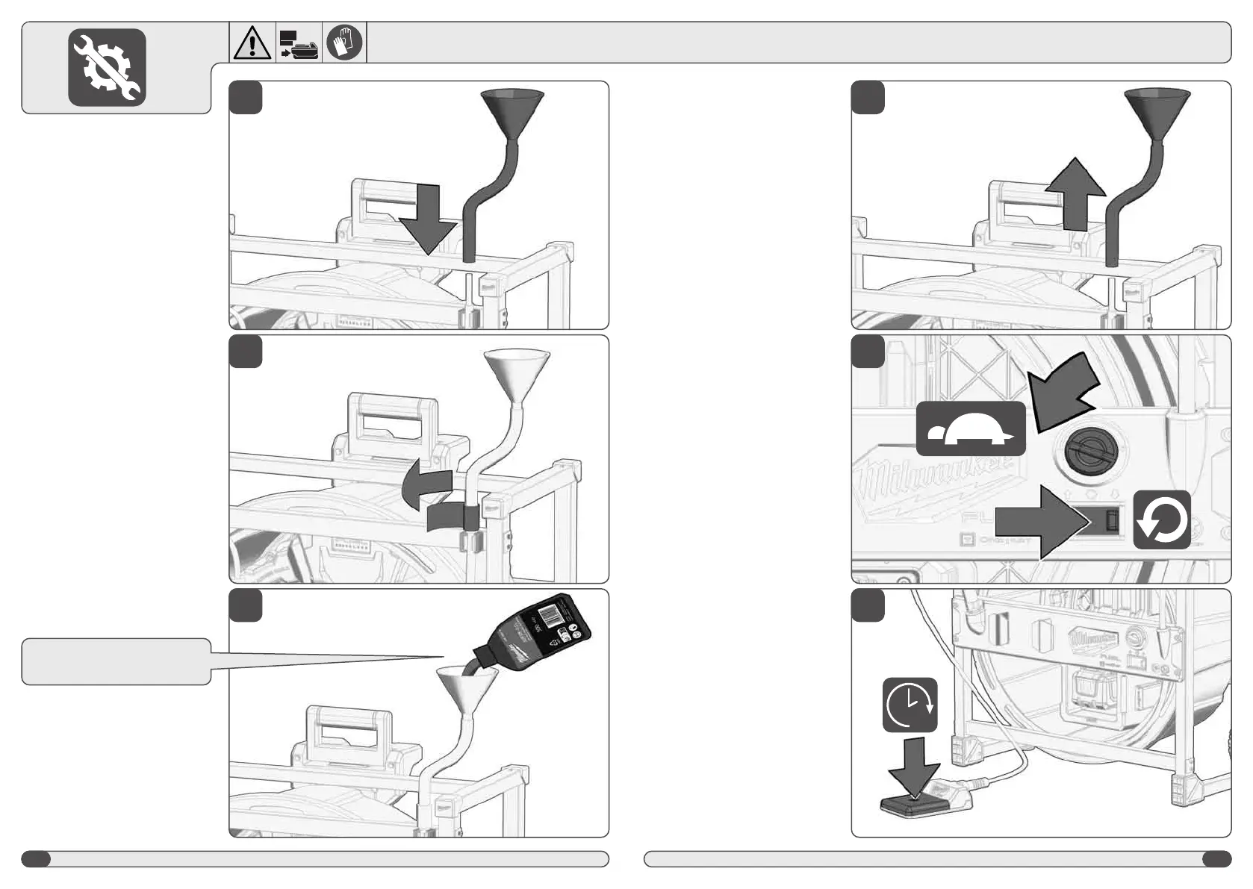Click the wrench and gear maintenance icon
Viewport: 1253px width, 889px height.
click(107, 67)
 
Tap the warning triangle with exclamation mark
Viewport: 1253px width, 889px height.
click(252, 43)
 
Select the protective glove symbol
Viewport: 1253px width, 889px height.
click(344, 42)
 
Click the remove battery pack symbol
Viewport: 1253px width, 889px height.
click(299, 44)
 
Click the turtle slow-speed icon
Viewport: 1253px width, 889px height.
click(971, 429)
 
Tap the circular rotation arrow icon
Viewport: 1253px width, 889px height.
click(1162, 520)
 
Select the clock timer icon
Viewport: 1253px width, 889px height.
click(910, 705)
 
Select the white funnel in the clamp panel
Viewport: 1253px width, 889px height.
click(517, 373)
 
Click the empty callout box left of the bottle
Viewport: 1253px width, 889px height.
click(116, 661)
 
